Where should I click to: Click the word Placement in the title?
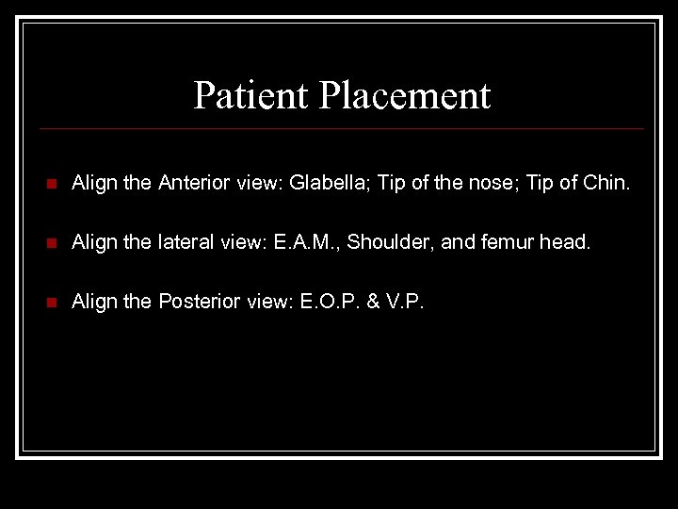(x=405, y=95)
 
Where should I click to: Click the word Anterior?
(x=192, y=183)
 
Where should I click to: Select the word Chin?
(x=605, y=183)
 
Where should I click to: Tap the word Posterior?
(x=196, y=302)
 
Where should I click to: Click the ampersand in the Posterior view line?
(x=374, y=302)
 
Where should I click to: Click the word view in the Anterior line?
(x=254, y=183)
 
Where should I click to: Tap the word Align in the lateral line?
(x=93, y=242)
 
